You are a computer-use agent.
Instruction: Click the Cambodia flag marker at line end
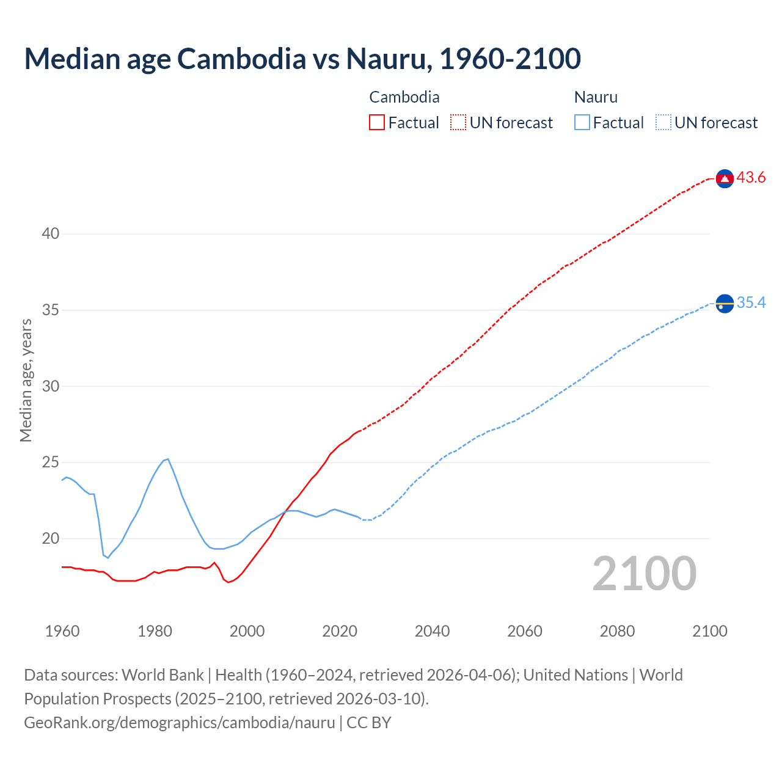coord(725,178)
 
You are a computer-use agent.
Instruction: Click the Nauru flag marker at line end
coord(725,303)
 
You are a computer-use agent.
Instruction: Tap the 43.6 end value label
coord(751,178)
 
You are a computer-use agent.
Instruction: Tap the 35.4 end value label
coord(751,303)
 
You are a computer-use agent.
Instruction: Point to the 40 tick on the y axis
coord(51,234)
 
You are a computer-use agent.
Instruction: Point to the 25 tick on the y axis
coord(51,462)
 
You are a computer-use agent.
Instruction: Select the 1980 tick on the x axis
coord(155,631)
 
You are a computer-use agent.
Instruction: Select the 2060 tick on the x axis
coord(525,631)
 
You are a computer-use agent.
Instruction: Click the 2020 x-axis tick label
coord(340,631)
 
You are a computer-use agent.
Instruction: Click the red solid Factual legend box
coord(377,123)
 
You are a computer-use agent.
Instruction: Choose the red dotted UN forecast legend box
coord(458,123)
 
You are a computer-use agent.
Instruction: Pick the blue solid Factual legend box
coord(582,123)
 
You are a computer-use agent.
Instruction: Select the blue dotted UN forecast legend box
coord(663,123)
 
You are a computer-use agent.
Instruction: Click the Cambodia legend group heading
coord(404,97)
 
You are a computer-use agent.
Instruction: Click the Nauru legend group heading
coord(596,97)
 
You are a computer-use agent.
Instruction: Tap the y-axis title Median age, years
coord(26,380)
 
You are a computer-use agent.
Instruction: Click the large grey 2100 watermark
coord(644,574)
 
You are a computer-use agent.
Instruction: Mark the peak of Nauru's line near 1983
coord(168,459)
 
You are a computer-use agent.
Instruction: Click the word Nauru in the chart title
coord(386,59)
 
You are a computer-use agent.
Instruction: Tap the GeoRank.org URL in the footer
coord(179,723)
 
